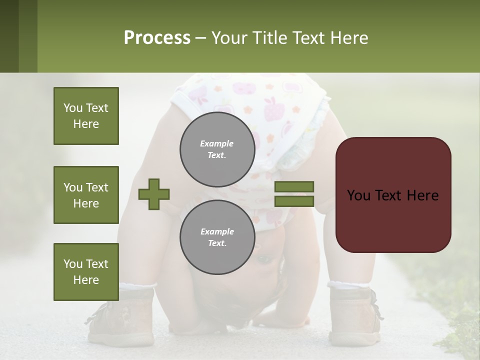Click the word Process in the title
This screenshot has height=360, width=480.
157,38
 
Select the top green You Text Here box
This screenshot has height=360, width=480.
86,116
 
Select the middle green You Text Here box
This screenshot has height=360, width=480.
86,195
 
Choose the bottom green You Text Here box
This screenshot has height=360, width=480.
86,272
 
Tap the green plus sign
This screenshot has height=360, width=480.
154,194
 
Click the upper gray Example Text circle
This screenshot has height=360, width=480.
217,149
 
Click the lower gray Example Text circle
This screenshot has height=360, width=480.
217,237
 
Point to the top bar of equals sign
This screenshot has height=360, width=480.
294,186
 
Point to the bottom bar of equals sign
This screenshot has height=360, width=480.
294,201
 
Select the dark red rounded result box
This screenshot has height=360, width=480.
393,195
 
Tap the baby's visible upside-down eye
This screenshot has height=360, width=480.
264,259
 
